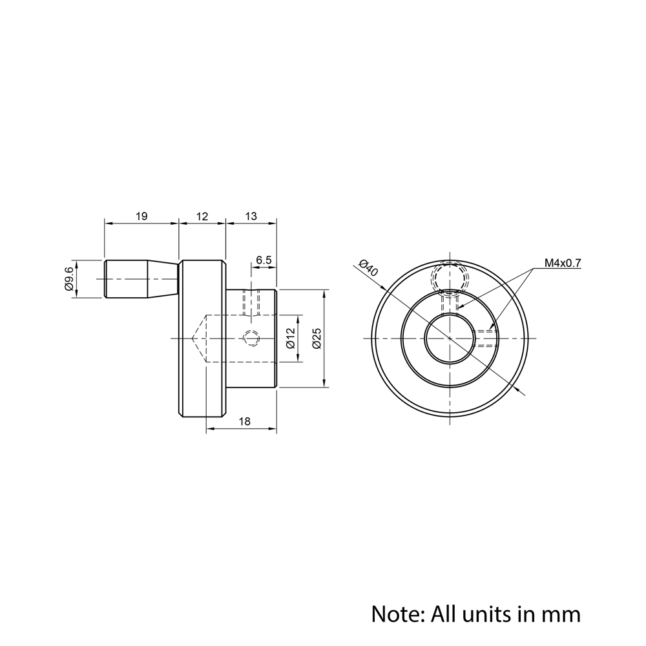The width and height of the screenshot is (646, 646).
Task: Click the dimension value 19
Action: coord(141,216)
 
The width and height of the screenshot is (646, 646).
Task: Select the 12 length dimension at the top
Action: coord(202,216)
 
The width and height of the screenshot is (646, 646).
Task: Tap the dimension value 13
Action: coord(251,216)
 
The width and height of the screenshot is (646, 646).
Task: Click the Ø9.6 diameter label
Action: coord(69,279)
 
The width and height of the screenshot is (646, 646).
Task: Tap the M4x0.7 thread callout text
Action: coord(563,263)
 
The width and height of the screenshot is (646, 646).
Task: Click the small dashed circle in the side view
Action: coord(251,338)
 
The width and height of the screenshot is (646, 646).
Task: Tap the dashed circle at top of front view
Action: coord(450,278)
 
